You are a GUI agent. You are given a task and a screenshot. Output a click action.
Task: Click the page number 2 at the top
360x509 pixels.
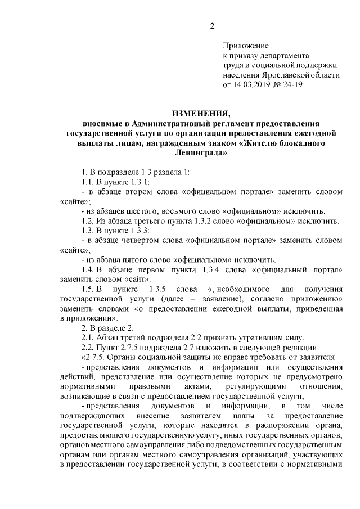[x=211, y=26]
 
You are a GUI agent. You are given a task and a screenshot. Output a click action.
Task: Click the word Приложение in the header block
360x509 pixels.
[x=246, y=45]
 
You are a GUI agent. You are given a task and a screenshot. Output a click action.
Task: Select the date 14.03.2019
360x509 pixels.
[x=252, y=85]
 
